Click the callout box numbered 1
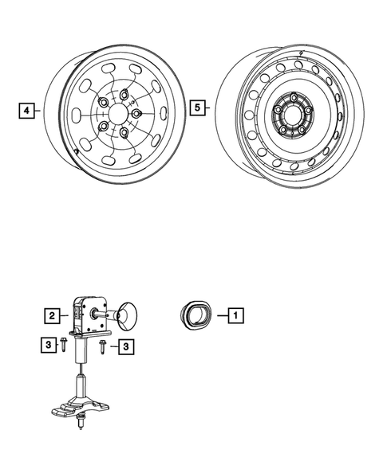click(x=235, y=315)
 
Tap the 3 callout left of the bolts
click(x=49, y=344)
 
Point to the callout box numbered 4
click(x=26, y=110)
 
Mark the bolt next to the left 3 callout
click(x=64, y=346)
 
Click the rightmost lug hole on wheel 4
click(x=136, y=114)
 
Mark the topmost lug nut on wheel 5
click(x=294, y=100)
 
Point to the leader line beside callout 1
click(x=218, y=315)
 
